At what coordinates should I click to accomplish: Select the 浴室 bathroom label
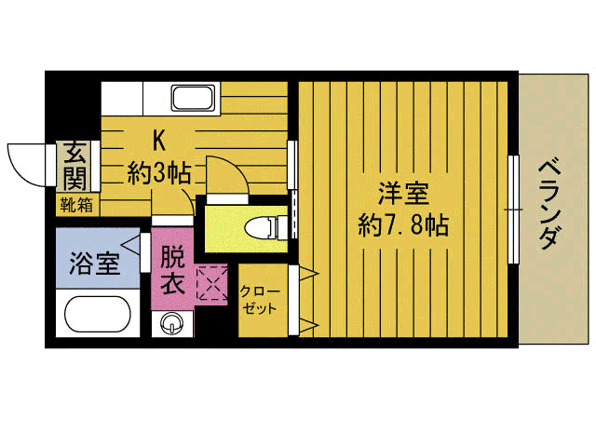click(x=94, y=263)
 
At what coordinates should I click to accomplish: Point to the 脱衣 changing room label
click(x=172, y=269)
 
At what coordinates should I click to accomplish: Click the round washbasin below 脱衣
click(x=172, y=324)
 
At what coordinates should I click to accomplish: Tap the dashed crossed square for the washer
click(x=212, y=284)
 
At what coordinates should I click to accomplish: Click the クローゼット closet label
click(x=259, y=299)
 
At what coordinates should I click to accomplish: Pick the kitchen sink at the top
click(x=194, y=98)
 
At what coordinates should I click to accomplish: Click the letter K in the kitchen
click(x=159, y=141)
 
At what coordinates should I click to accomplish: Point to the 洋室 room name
click(x=403, y=196)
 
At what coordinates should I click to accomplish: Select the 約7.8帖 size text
click(x=403, y=224)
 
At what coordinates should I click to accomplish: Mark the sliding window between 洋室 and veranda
click(x=513, y=210)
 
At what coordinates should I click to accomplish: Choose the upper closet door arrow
click(x=304, y=274)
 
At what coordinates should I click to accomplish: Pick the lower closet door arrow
click(x=304, y=326)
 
